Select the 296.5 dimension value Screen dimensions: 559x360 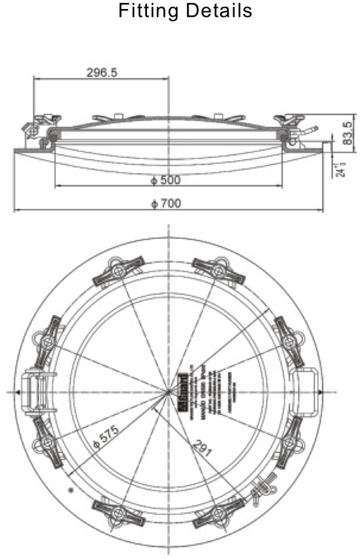pyautogui.click(x=102, y=72)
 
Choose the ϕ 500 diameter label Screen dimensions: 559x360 pyautogui.click(x=166, y=181)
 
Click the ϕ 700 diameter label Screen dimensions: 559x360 pyautogui.click(x=166, y=203)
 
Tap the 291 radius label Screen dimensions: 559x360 pyautogui.click(x=203, y=446)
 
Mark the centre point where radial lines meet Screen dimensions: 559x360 pyautogui.click(x=169, y=392)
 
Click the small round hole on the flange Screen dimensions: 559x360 pyautogui.click(x=70, y=489)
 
